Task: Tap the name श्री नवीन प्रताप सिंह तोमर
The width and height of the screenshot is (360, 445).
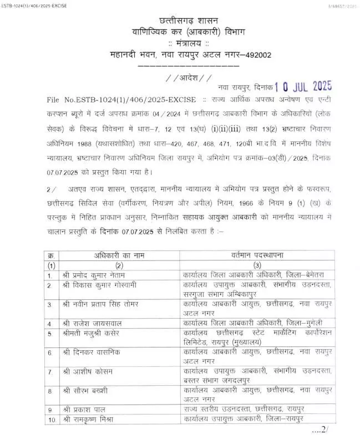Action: click(x=108, y=304)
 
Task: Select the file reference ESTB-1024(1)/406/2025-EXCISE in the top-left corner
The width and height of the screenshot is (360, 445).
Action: click(x=34, y=4)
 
